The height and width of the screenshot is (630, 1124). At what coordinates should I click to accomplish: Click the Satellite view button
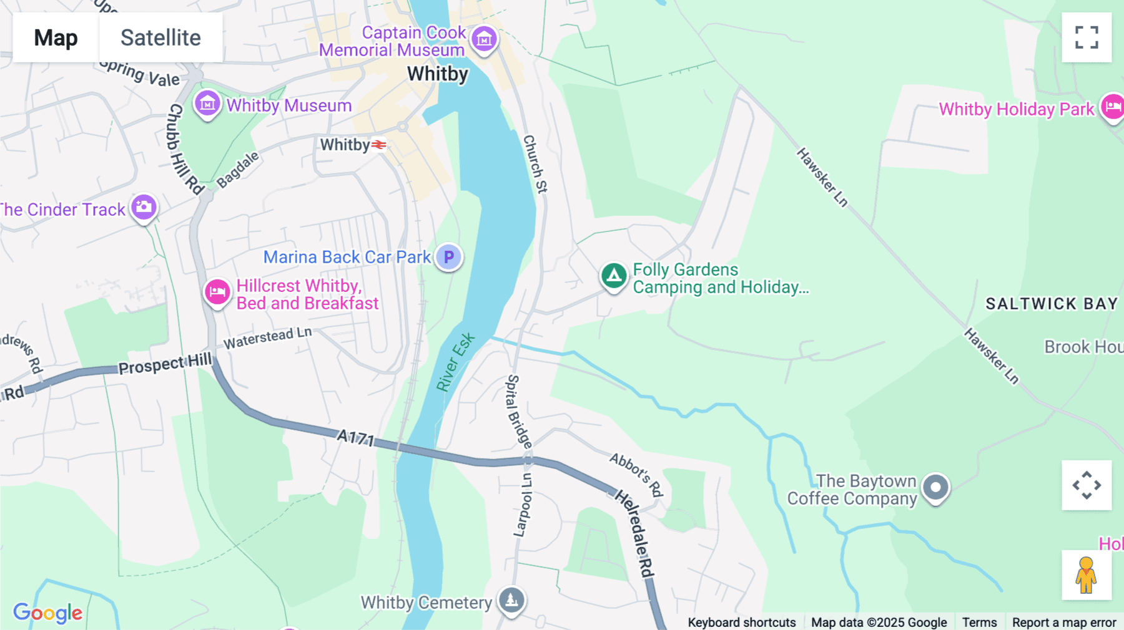(160, 37)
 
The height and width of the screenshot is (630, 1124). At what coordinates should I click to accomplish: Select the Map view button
(56, 37)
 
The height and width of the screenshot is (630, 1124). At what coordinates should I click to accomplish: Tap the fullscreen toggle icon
(1087, 37)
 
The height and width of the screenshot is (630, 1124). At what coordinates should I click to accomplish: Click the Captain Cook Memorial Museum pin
(484, 39)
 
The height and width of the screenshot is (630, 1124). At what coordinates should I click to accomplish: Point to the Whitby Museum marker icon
(207, 104)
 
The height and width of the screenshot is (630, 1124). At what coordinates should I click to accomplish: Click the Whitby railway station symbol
(378, 145)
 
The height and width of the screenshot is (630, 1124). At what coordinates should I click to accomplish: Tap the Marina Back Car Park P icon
(448, 256)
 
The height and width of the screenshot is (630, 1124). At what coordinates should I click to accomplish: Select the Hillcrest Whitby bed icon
(217, 292)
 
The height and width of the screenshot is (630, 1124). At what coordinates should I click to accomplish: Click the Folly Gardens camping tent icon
(614, 275)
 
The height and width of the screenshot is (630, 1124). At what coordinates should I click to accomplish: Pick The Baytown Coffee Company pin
(935, 487)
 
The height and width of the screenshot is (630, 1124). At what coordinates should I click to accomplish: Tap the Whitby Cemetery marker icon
(511, 600)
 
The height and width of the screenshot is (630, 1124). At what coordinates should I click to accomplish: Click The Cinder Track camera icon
(144, 206)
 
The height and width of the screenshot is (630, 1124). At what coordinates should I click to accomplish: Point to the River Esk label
(455, 362)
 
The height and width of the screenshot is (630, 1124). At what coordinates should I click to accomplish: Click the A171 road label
(355, 437)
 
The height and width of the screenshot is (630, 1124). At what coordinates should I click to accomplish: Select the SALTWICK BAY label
(1052, 304)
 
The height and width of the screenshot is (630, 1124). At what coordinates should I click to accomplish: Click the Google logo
(48, 613)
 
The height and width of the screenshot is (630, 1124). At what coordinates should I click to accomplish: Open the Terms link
(979, 622)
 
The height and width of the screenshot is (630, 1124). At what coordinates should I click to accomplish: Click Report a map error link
(1064, 622)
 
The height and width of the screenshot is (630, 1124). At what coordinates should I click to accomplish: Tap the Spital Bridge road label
(518, 412)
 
